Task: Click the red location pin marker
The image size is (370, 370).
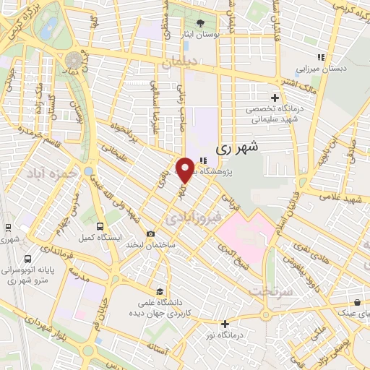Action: click(x=186, y=170)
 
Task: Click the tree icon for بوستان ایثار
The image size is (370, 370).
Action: click(x=200, y=22)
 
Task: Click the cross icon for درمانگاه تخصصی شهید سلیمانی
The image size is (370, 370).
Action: click(x=274, y=98)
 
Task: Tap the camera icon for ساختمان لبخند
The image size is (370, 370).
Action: click(x=150, y=233)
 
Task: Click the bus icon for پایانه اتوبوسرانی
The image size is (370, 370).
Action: click(x=27, y=259)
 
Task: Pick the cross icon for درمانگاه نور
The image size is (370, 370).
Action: click(x=225, y=323)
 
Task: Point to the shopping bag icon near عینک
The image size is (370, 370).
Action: click(x=357, y=303)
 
